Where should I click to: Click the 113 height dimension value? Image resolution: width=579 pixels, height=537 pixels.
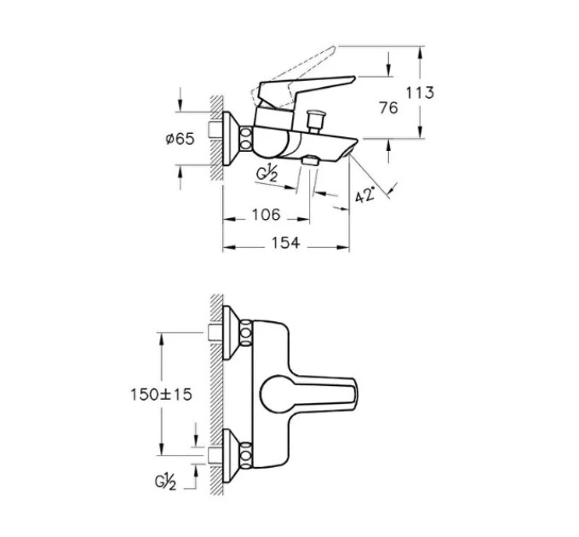(421, 92)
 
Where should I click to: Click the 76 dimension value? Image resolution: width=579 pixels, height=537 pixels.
(388, 107)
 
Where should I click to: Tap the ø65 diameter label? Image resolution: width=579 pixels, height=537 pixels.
(180, 139)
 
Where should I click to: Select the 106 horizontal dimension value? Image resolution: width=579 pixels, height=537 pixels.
(266, 214)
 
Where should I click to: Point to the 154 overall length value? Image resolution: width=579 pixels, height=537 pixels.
(285, 243)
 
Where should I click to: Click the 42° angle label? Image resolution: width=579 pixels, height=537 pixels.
(365, 194)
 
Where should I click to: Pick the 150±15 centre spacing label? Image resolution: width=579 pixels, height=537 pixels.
(161, 395)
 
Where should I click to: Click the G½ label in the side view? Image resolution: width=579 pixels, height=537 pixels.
(267, 175)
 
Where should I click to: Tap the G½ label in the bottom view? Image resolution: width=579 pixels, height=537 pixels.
(165, 482)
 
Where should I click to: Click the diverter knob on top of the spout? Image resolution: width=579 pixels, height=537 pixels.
(314, 120)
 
